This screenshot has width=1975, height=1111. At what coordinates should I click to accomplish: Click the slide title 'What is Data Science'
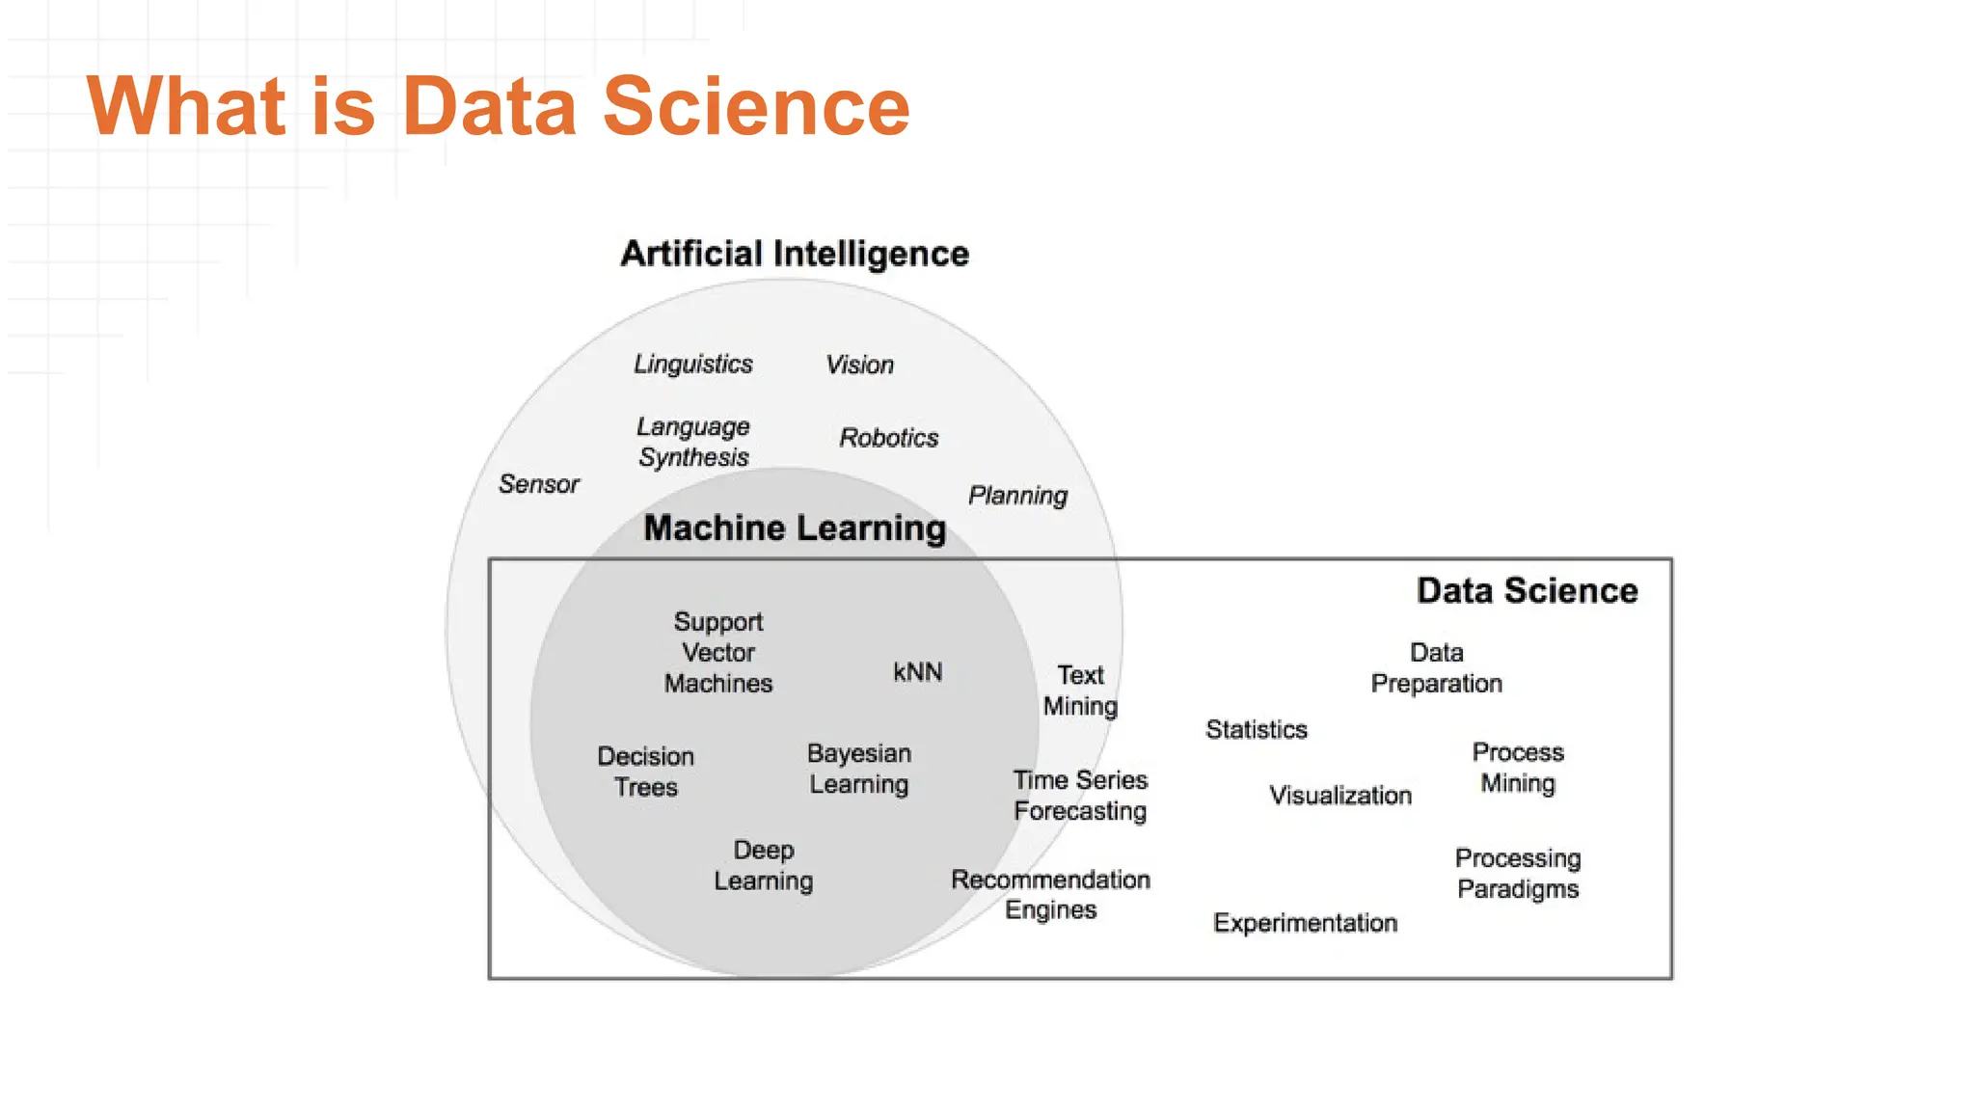coord(498,106)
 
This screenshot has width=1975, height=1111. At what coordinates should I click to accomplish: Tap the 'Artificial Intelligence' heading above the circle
coord(795,254)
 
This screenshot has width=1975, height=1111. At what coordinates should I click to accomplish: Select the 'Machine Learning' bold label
coord(795,528)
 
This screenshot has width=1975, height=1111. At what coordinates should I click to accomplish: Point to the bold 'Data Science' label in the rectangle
coord(1527,590)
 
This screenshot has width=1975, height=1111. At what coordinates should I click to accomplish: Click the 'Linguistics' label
coord(692,364)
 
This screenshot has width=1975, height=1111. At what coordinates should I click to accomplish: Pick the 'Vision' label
coord(859,365)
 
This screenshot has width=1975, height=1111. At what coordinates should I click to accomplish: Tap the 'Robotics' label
coord(888,438)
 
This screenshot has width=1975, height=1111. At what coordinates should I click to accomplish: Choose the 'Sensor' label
coord(538,484)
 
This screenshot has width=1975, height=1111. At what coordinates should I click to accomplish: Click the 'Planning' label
coord(1017,496)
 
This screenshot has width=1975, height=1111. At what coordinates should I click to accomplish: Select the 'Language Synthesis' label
coord(693,442)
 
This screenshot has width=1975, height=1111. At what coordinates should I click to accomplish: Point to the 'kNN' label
coord(917,672)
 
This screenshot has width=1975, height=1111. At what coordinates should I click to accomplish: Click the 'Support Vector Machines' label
coord(718,653)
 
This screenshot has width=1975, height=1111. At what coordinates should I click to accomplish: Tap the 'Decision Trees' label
coord(646,772)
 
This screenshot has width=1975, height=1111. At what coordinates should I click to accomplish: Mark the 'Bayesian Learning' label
coord(859,769)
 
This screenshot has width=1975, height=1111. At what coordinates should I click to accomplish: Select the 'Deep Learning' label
coord(764,865)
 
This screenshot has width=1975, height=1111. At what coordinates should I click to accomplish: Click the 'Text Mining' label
coord(1080,691)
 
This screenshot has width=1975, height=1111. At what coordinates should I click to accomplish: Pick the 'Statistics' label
coord(1257,730)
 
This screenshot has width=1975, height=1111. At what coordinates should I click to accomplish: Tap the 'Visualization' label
coord(1339,796)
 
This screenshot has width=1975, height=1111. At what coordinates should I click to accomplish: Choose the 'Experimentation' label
coord(1305,923)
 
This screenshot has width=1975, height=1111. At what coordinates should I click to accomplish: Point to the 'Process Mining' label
coord(1518,768)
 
